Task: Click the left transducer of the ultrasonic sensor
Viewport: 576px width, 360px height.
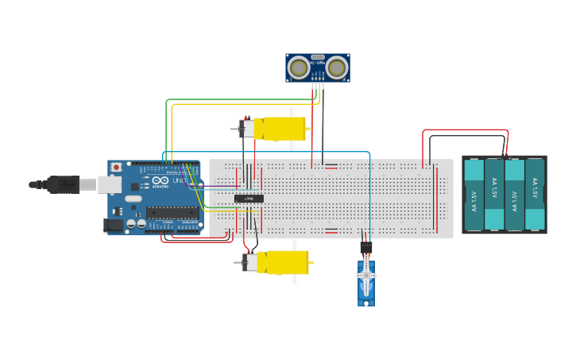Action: point(299,68)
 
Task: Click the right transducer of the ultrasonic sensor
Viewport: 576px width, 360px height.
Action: point(337,68)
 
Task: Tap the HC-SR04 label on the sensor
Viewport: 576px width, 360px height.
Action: point(317,64)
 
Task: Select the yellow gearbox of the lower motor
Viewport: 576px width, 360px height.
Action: point(287,262)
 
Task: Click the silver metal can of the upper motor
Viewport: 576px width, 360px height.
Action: point(249,129)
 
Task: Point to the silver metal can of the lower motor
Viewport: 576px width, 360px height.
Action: point(251,262)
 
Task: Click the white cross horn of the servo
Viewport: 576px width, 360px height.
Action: point(366,277)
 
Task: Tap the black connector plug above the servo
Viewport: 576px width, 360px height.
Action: point(366,248)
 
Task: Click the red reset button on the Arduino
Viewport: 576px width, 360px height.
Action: point(117,168)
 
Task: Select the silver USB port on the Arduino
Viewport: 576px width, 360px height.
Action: point(110,184)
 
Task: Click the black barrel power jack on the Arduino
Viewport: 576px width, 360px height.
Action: point(114,225)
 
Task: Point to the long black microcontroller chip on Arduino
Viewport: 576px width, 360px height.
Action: point(172,212)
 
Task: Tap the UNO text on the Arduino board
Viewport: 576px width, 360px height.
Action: point(179,181)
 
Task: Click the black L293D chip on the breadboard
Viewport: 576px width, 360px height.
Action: point(249,199)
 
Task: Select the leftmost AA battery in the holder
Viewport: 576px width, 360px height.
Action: point(474,195)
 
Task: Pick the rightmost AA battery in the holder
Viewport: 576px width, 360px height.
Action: point(535,195)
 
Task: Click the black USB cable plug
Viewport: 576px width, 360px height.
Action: point(63,184)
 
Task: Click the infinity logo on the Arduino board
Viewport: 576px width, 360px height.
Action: point(160,181)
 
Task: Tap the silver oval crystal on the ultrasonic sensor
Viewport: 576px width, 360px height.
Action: point(318,57)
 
